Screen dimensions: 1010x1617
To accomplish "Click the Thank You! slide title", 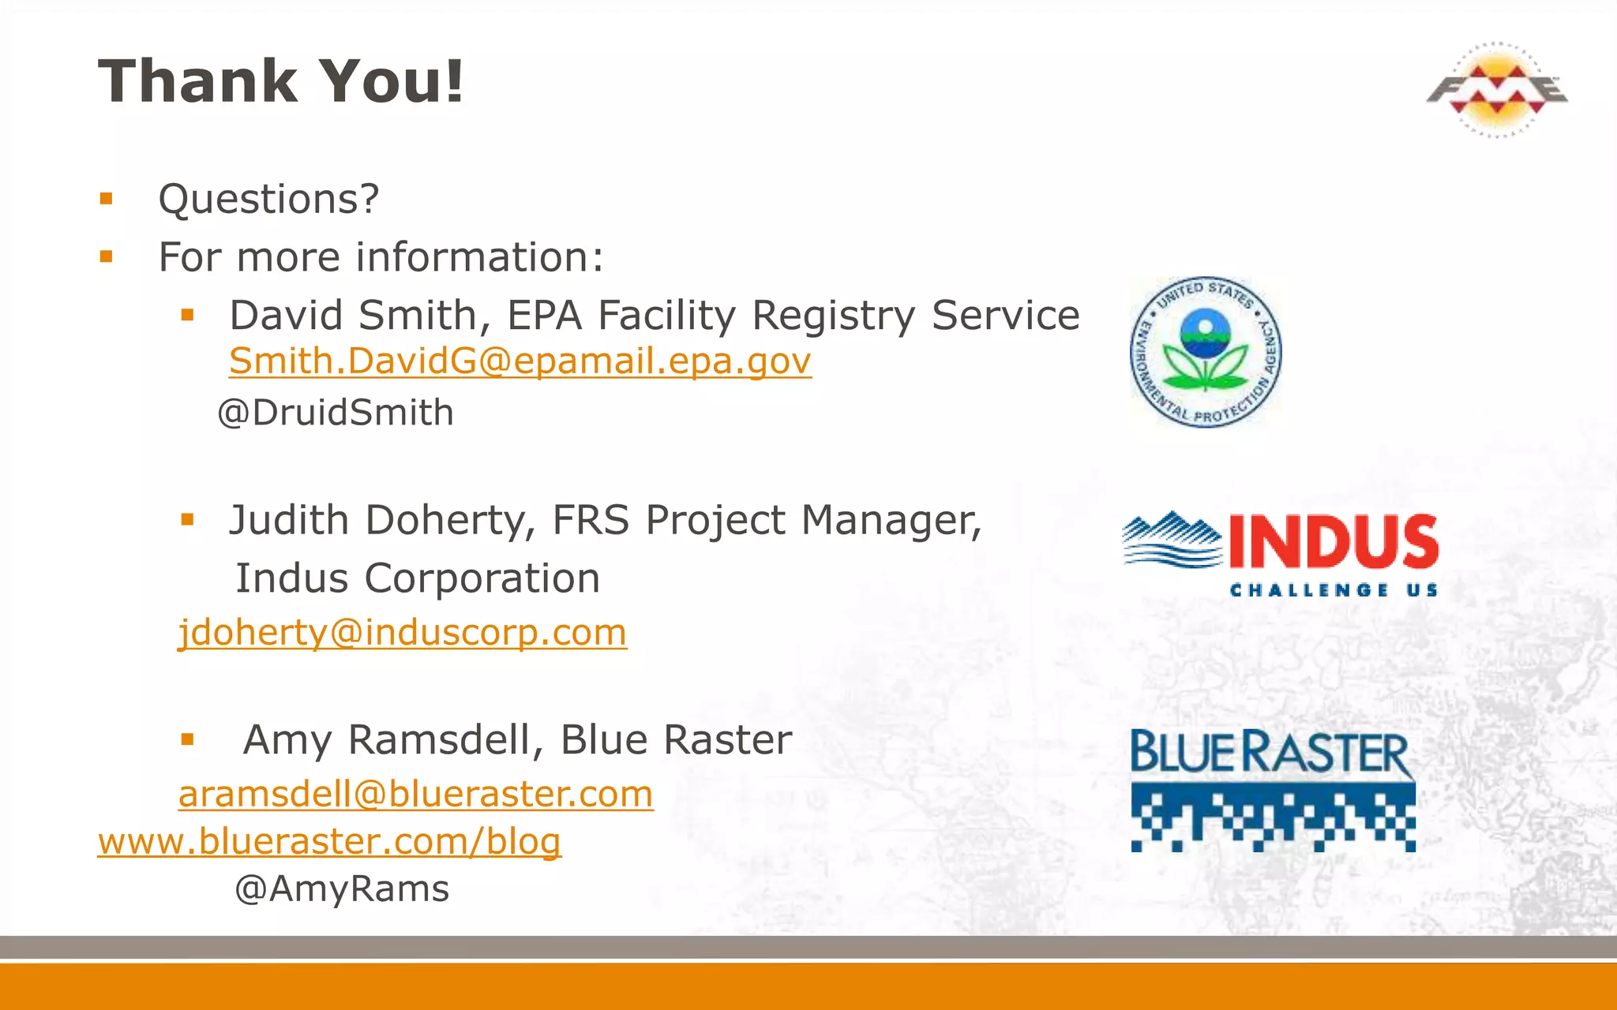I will pyautogui.click(x=280, y=80).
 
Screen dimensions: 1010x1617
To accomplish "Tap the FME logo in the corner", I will pyautogui.click(x=1496, y=89).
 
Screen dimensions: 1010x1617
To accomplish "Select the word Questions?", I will pyautogui.click(x=268, y=199).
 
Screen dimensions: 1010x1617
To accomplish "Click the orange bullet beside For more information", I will pyautogui.click(x=107, y=256).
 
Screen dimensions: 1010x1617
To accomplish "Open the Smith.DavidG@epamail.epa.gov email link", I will pyautogui.click(x=520, y=361).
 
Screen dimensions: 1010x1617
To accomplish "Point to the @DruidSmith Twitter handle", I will pyautogui.click(x=336, y=413).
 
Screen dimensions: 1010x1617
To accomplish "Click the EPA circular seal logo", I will pyautogui.click(x=1205, y=353).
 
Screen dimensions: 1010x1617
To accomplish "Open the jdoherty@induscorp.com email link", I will pyautogui.click(x=403, y=633).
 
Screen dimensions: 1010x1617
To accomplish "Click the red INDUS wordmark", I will pyautogui.click(x=1334, y=541).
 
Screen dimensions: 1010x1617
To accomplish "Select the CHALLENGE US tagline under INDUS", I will pyautogui.click(x=1334, y=590).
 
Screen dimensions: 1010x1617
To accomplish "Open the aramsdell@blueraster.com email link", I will pyautogui.click(x=416, y=794).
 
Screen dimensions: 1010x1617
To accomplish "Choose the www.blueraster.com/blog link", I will pyautogui.click(x=329, y=841).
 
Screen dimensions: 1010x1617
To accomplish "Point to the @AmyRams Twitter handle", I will pyautogui.click(x=342, y=889).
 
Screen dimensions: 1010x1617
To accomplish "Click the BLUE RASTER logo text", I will pyautogui.click(x=1271, y=753).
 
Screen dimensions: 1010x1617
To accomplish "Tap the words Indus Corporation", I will pyautogui.click(x=418, y=578).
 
